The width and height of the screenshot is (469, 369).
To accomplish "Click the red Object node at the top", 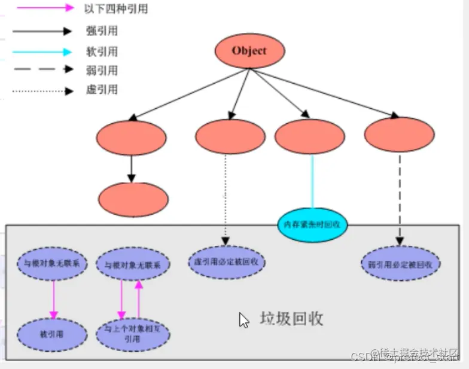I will [x=249, y=51].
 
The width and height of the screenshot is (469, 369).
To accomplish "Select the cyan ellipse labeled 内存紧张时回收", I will [x=313, y=224].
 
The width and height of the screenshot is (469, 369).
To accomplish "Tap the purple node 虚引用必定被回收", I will [x=227, y=262].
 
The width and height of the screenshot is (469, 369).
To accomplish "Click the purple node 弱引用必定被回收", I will [x=401, y=263].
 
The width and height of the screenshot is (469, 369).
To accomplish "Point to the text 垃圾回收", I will [x=291, y=318].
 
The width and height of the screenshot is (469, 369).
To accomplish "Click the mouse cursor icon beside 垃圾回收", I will [x=244, y=320].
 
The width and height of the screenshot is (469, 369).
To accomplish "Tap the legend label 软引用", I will [x=101, y=51].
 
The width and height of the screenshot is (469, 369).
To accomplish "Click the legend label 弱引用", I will [x=101, y=71].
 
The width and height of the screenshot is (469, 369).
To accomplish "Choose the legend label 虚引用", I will [x=101, y=90].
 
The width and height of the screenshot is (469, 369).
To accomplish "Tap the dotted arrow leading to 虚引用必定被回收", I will [x=226, y=197].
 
